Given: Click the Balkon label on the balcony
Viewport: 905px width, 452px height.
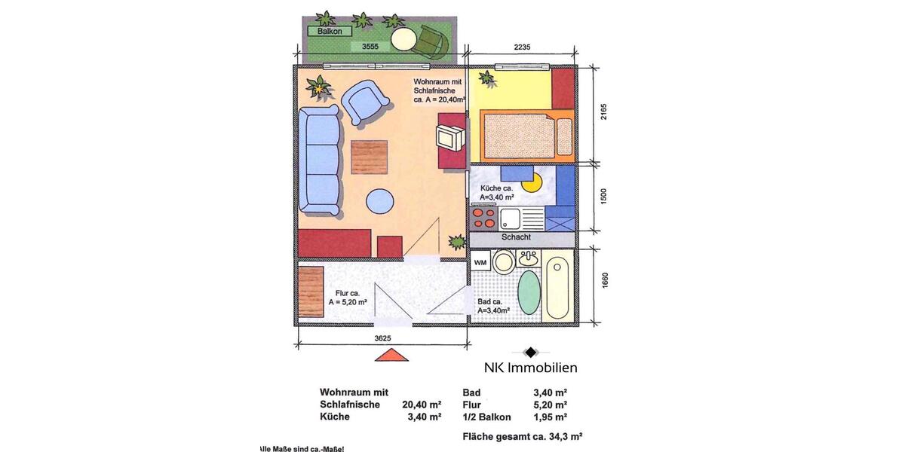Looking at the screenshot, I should pyautogui.click(x=330, y=32).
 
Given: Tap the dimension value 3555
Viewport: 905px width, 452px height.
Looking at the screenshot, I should pyautogui.click(x=370, y=46).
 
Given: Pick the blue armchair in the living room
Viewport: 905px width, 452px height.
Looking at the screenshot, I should pyautogui.click(x=365, y=101).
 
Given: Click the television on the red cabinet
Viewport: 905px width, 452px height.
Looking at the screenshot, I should pyautogui.click(x=451, y=137).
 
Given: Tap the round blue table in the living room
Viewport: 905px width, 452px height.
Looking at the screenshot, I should pyautogui.click(x=379, y=202).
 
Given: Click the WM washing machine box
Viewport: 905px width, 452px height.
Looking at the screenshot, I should pyautogui.click(x=480, y=261).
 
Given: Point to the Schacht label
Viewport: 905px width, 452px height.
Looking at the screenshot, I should pyautogui.click(x=517, y=237).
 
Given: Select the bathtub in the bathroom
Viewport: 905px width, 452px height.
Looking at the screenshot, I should pyautogui.click(x=559, y=286).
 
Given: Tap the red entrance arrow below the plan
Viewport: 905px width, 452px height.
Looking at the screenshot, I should pyautogui.click(x=391, y=356).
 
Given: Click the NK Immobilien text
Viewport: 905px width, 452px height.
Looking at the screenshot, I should pyautogui.click(x=530, y=368).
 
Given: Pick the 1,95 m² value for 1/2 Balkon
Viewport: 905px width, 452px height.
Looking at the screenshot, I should pyautogui.click(x=550, y=417).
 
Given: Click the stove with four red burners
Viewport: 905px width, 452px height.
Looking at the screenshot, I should pyautogui.click(x=483, y=218).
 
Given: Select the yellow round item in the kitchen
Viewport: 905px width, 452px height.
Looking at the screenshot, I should pyautogui.click(x=532, y=181).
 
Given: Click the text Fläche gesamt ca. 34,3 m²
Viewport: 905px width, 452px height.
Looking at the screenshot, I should pyautogui.click(x=522, y=436).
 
